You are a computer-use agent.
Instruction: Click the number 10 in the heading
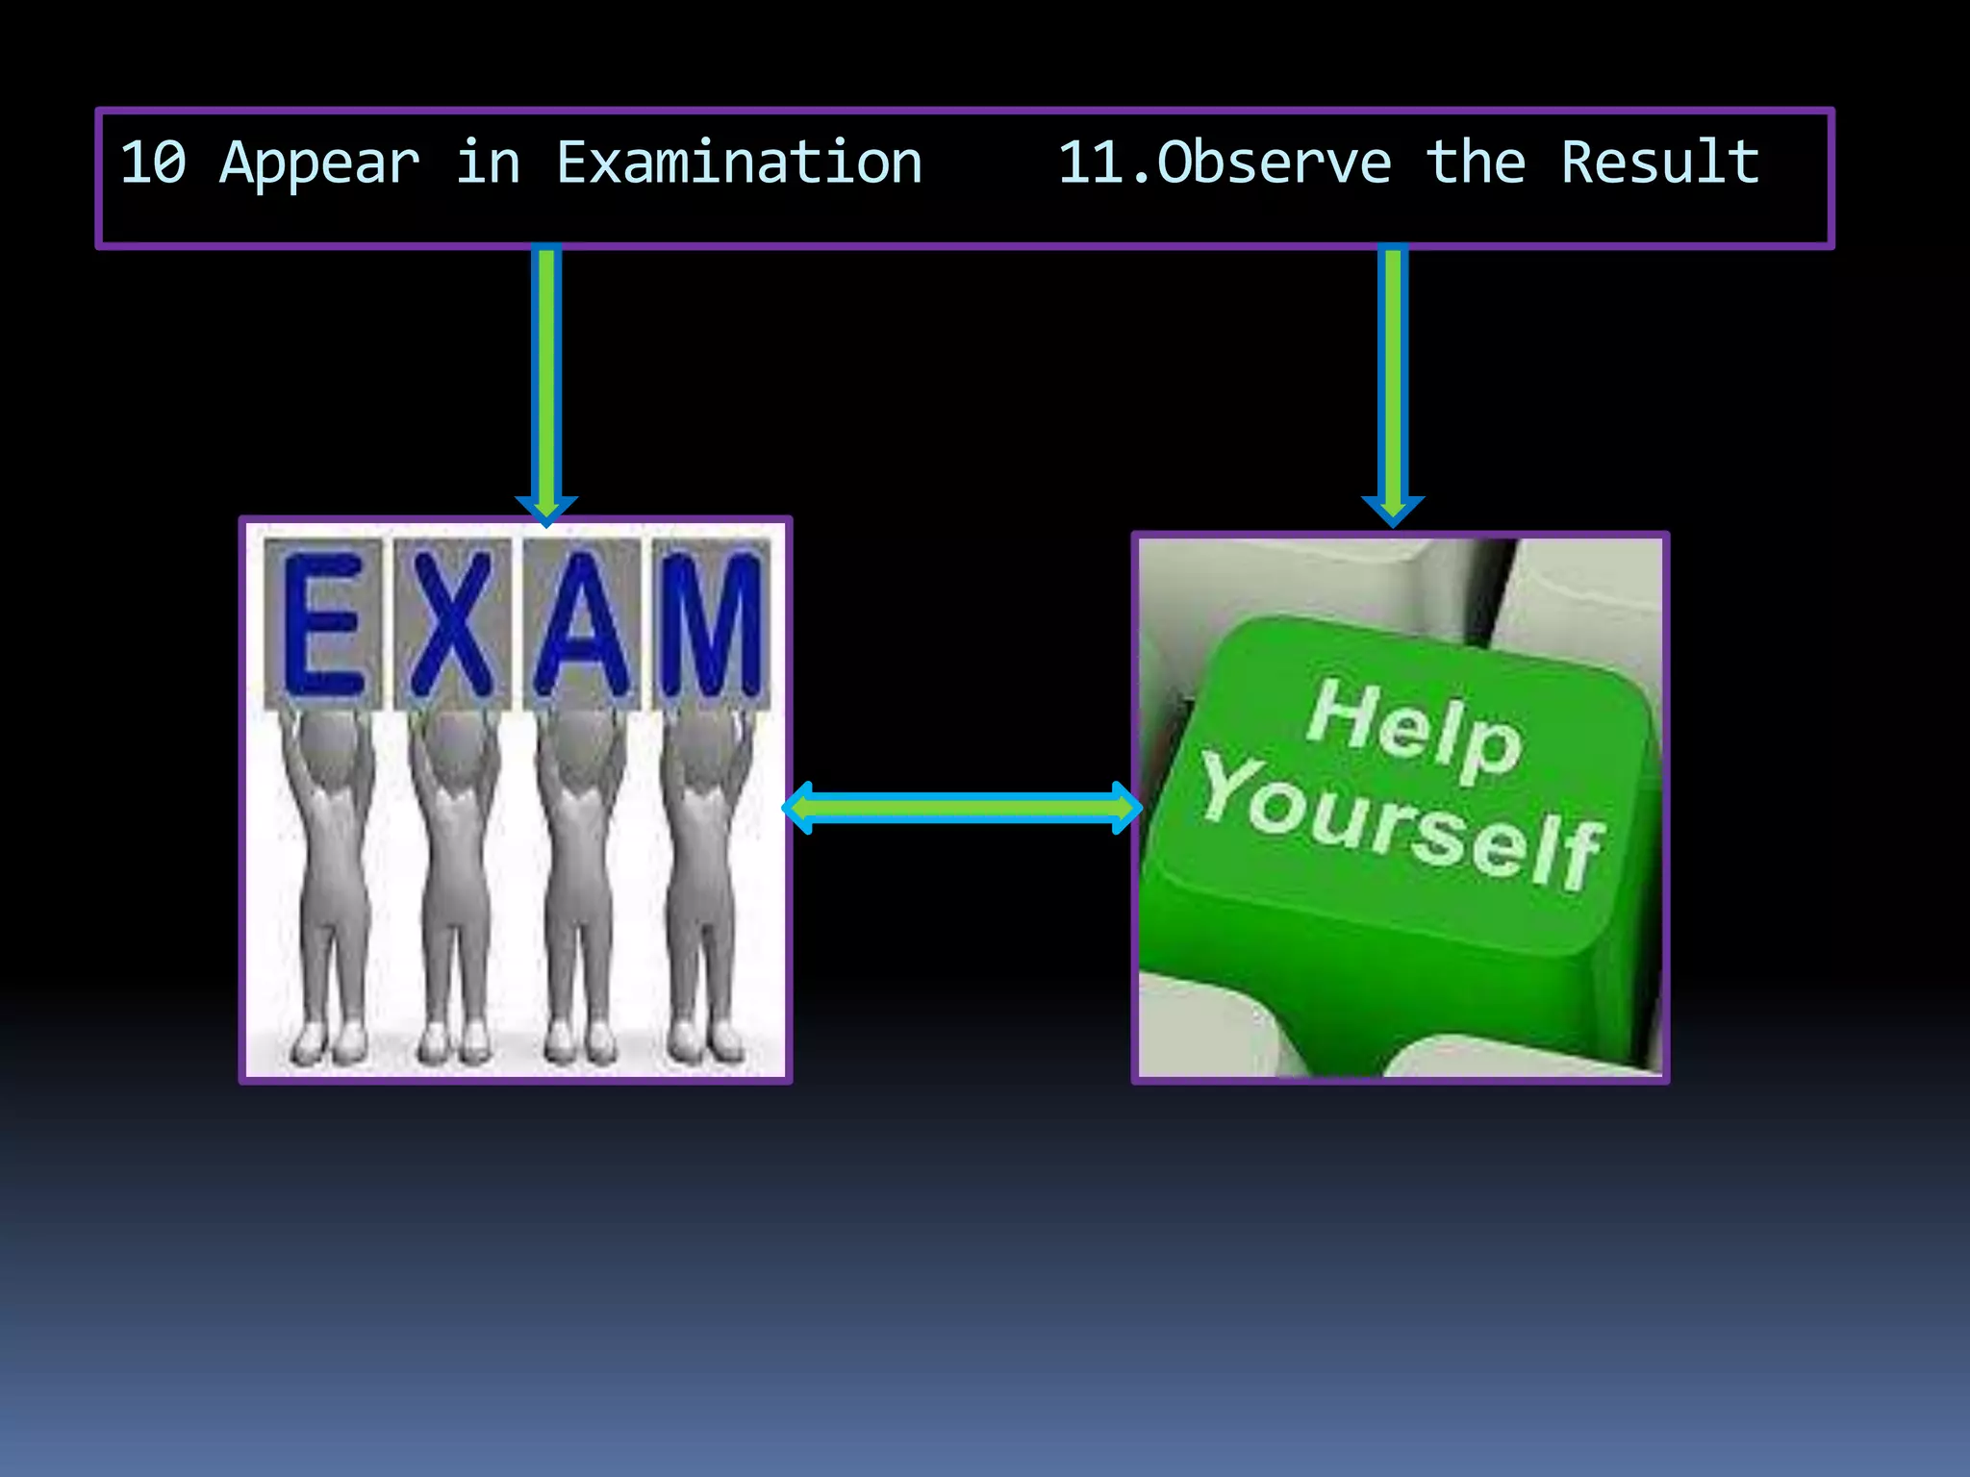point(153,163)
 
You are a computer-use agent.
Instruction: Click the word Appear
point(319,164)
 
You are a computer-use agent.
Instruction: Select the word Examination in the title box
point(739,163)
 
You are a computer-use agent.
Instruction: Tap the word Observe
point(1275,163)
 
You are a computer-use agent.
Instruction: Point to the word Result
point(1660,163)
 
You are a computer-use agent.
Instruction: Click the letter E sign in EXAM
point(323,623)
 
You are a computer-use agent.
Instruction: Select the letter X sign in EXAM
point(453,623)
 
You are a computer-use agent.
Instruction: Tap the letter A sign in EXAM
point(582,623)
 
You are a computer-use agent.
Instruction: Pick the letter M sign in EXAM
point(710,623)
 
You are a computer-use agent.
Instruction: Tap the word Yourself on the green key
point(1401,822)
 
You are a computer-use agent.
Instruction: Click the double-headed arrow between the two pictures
point(962,808)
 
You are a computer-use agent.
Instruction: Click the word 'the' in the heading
point(1476,163)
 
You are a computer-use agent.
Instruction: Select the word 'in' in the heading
point(488,163)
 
